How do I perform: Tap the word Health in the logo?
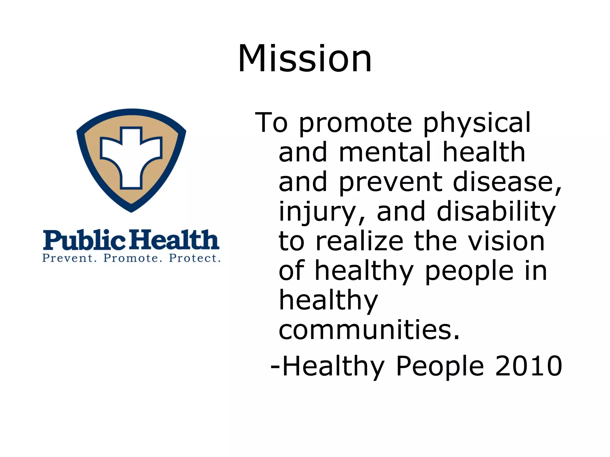[175, 240]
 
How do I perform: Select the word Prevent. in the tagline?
[70, 258]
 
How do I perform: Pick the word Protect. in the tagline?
[195, 258]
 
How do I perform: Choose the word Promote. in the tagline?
[133, 258]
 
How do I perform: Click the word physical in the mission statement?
[477, 123]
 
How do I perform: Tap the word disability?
[496, 212]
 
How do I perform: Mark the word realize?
[359, 241]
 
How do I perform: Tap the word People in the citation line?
[440, 367]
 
